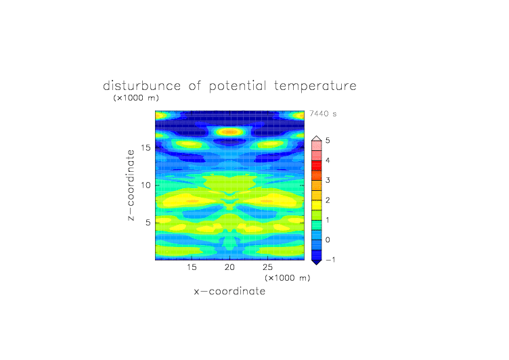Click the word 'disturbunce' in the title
141,86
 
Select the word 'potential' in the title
238,87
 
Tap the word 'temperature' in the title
315,87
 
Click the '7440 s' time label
323,114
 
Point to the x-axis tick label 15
192,267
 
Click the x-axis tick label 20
229,267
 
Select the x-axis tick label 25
267,267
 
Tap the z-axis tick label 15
146,148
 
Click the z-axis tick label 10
146,185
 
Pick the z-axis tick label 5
148,223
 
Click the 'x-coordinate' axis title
229,291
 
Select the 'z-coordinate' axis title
131,185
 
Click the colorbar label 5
328,141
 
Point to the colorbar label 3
328,180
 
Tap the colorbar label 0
328,240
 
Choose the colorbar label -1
330,260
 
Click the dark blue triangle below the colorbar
317,262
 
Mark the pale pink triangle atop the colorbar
317,139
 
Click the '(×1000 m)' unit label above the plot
136,97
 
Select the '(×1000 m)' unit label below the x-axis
288,278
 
